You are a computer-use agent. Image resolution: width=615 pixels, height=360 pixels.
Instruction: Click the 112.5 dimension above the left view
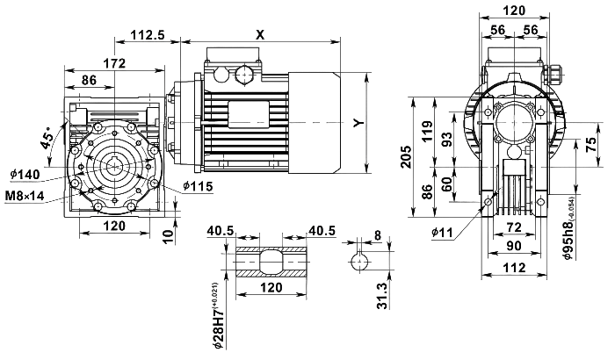148,34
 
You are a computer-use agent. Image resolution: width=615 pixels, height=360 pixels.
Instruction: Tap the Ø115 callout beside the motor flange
199,185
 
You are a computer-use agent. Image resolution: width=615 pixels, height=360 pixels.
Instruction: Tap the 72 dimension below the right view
515,227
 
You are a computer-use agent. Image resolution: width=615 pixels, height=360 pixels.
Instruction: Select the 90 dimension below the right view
515,246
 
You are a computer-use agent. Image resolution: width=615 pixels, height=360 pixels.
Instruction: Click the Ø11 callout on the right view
442,232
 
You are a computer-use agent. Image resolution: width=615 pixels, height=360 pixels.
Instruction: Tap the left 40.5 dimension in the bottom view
221,230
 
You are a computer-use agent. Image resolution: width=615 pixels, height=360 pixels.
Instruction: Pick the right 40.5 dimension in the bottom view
322,230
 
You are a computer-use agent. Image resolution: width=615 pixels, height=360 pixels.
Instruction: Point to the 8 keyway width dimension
378,234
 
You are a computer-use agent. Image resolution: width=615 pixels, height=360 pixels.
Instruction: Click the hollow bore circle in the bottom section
271,262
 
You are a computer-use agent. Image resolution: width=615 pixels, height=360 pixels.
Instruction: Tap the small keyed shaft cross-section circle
358,261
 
